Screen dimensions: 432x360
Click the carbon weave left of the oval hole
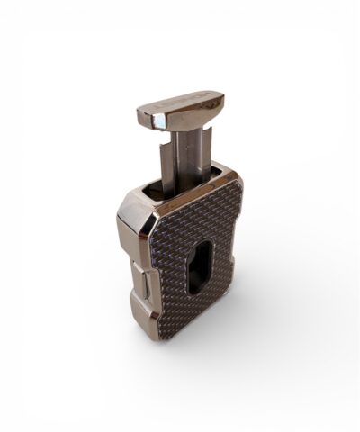coord(171,261)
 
